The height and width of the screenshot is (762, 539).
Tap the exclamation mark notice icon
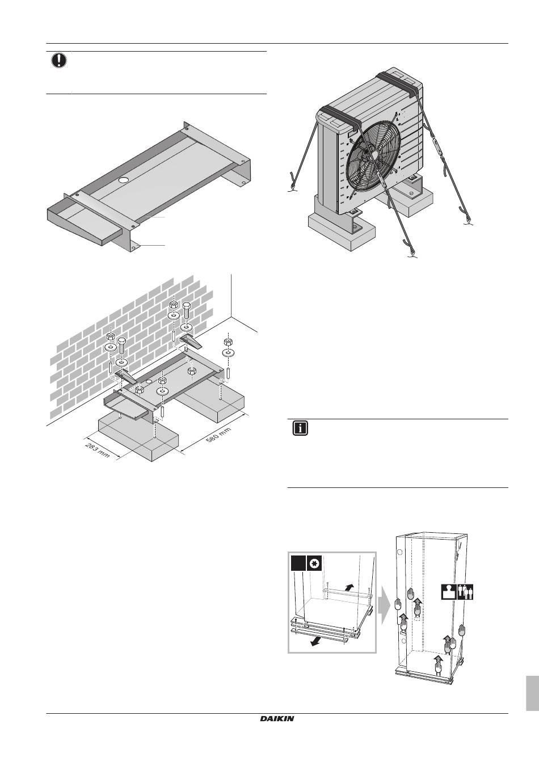[x=59, y=61]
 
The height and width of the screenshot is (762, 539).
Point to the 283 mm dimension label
[x=98, y=450]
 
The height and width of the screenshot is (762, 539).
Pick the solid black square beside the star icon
[x=298, y=563]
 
